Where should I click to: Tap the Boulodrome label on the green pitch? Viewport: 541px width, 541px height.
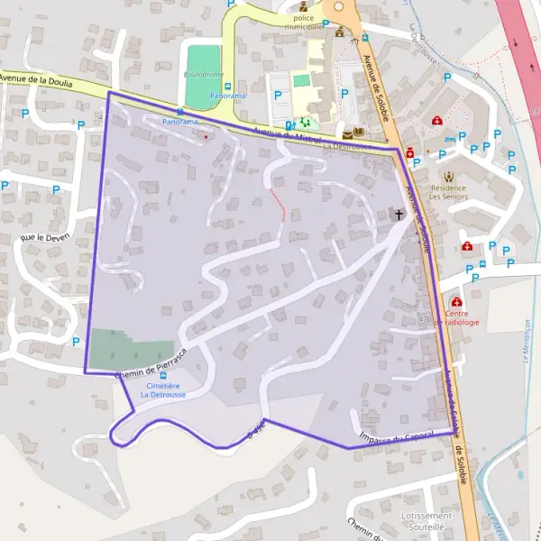tap(203, 74)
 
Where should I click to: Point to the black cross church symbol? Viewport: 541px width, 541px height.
tap(399, 215)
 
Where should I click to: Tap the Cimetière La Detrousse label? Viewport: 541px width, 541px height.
tap(163, 390)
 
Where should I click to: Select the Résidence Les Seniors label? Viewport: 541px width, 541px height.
tap(448, 190)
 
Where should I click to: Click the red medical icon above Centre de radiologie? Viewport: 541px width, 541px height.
tap(457, 302)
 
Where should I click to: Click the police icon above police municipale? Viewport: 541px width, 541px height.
tap(303, 7)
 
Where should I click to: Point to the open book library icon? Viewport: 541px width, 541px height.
tap(359, 133)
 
